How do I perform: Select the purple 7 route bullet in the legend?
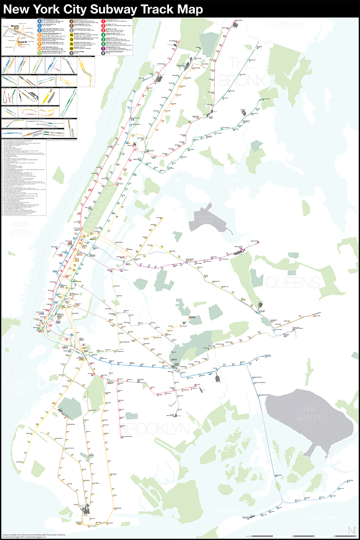[103, 48]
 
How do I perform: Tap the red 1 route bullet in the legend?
[103, 21]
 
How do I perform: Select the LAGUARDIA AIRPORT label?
[209, 218]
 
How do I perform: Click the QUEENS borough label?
[292, 282]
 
